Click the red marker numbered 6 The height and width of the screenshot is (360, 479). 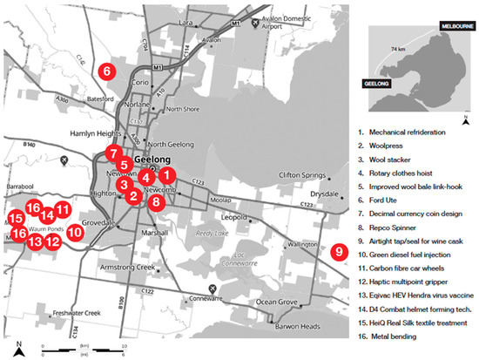106,72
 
